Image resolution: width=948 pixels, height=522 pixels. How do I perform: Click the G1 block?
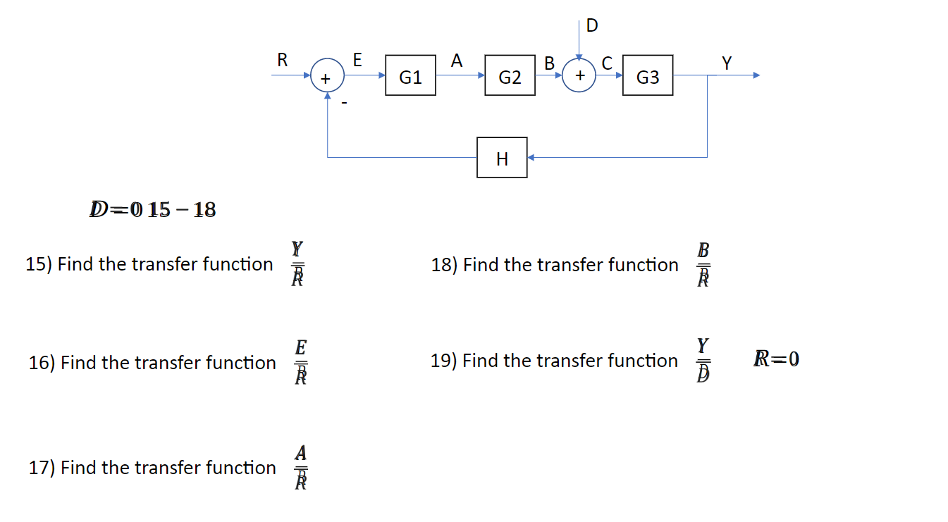pyautogui.click(x=410, y=76)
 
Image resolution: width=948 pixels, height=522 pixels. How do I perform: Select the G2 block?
pyautogui.click(x=510, y=76)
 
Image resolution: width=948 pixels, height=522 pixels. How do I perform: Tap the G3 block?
pyautogui.click(x=647, y=76)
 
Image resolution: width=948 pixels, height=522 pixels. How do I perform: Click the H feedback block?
pyautogui.click(x=502, y=158)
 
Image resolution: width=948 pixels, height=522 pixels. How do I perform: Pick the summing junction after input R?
pyautogui.click(x=327, y=76)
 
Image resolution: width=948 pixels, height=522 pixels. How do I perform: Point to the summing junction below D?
pyautogui.click(x=579, y=76)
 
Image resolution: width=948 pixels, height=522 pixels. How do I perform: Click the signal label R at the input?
pyautogui.click(x=282, y=61)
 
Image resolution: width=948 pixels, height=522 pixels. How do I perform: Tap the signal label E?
pyautogui.click(x=357, y=61)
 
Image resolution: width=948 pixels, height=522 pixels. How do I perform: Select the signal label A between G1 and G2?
pyautogui.click(x=457, y=61)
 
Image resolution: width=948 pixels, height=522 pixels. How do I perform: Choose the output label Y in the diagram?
pyautogui.click(x=727, y=63)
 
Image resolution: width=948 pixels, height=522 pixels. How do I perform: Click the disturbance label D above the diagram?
pyautogui.click(x=591, y=26)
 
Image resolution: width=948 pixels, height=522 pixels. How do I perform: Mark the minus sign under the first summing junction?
pyautogui.click(x=345, y=103)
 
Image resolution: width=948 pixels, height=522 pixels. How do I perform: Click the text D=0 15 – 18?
pyautogui.click(x=152, y=209)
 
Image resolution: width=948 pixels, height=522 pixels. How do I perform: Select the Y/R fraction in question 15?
pyautogui.click(x=297, y=263)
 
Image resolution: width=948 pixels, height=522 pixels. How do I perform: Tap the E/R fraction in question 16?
pyautogui.click(x=300, y=362)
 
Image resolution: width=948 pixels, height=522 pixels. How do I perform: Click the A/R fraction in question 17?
pyautogui.click(x=300, y=466)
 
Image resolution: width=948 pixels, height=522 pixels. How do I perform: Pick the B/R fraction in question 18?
pyautogui.click(x=703, y=264)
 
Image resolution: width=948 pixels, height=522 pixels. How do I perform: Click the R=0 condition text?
pyautogui.click(x=776, y=360)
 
